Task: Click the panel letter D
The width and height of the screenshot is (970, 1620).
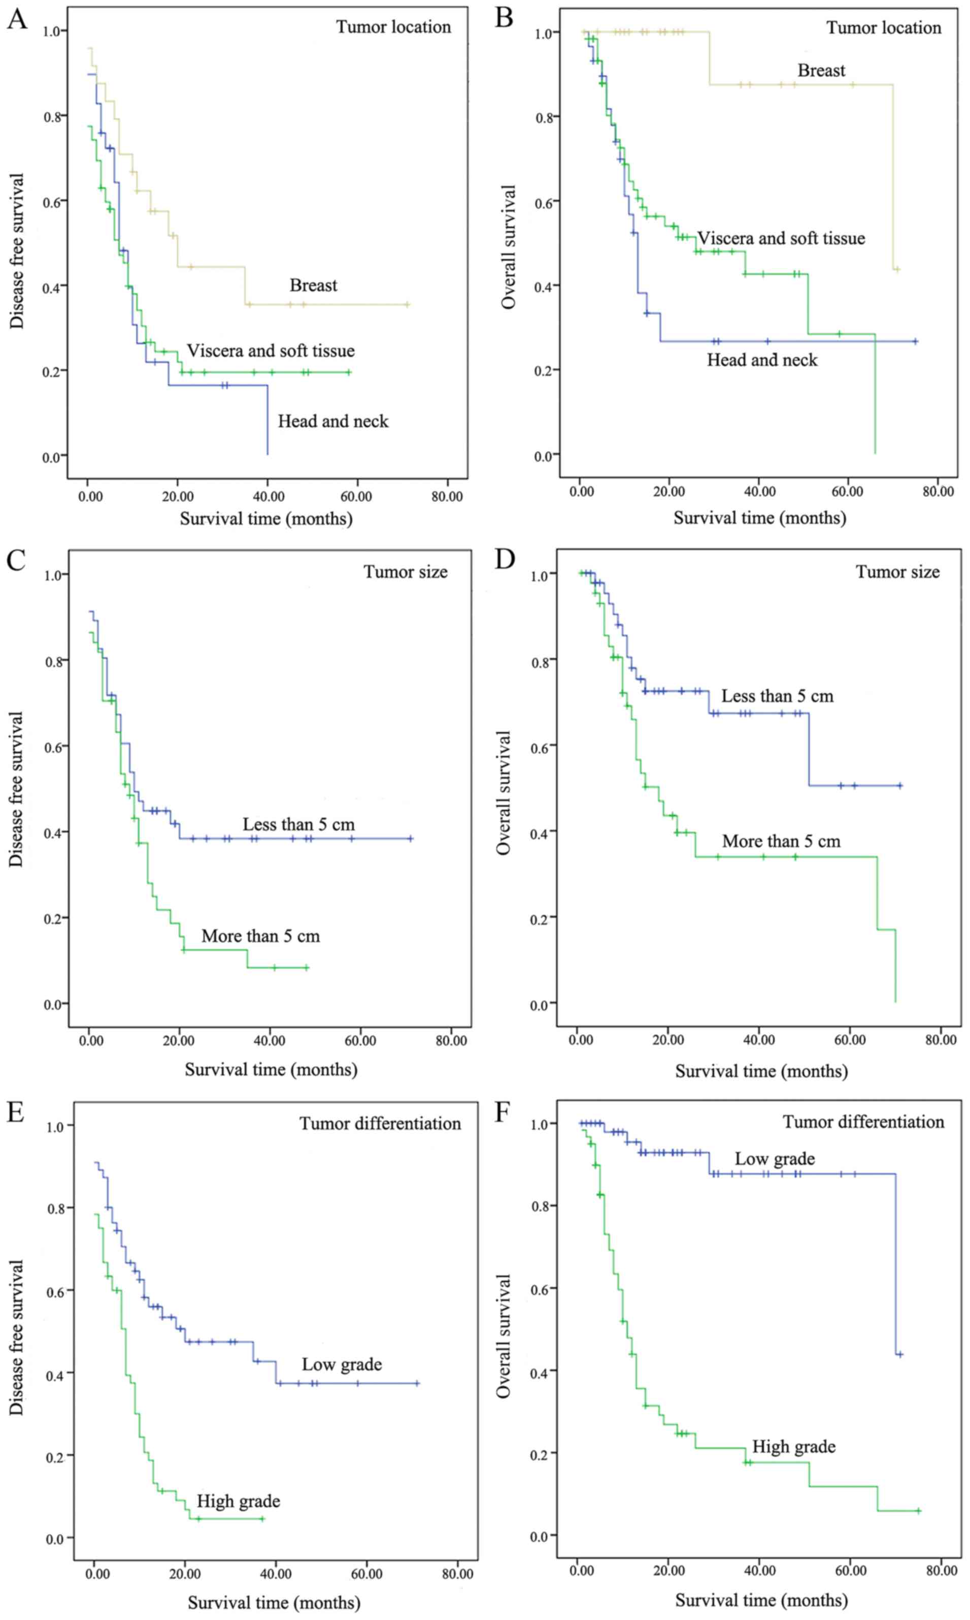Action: coord(504,559)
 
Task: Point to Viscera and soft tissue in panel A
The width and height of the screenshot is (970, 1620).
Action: coord(271,351)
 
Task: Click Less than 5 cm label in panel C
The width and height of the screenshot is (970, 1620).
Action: coord(298,824)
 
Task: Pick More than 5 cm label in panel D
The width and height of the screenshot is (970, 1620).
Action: coord(781,841)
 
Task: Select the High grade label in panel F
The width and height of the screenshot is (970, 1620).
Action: coord(793,1447)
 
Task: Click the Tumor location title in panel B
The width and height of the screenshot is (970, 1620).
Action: coord(884,27)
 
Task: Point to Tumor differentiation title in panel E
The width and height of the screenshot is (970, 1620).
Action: coord(380,1124)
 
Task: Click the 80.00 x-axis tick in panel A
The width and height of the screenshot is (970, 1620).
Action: coord(447,496)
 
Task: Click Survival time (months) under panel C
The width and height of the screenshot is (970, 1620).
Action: coord(271,1069)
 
